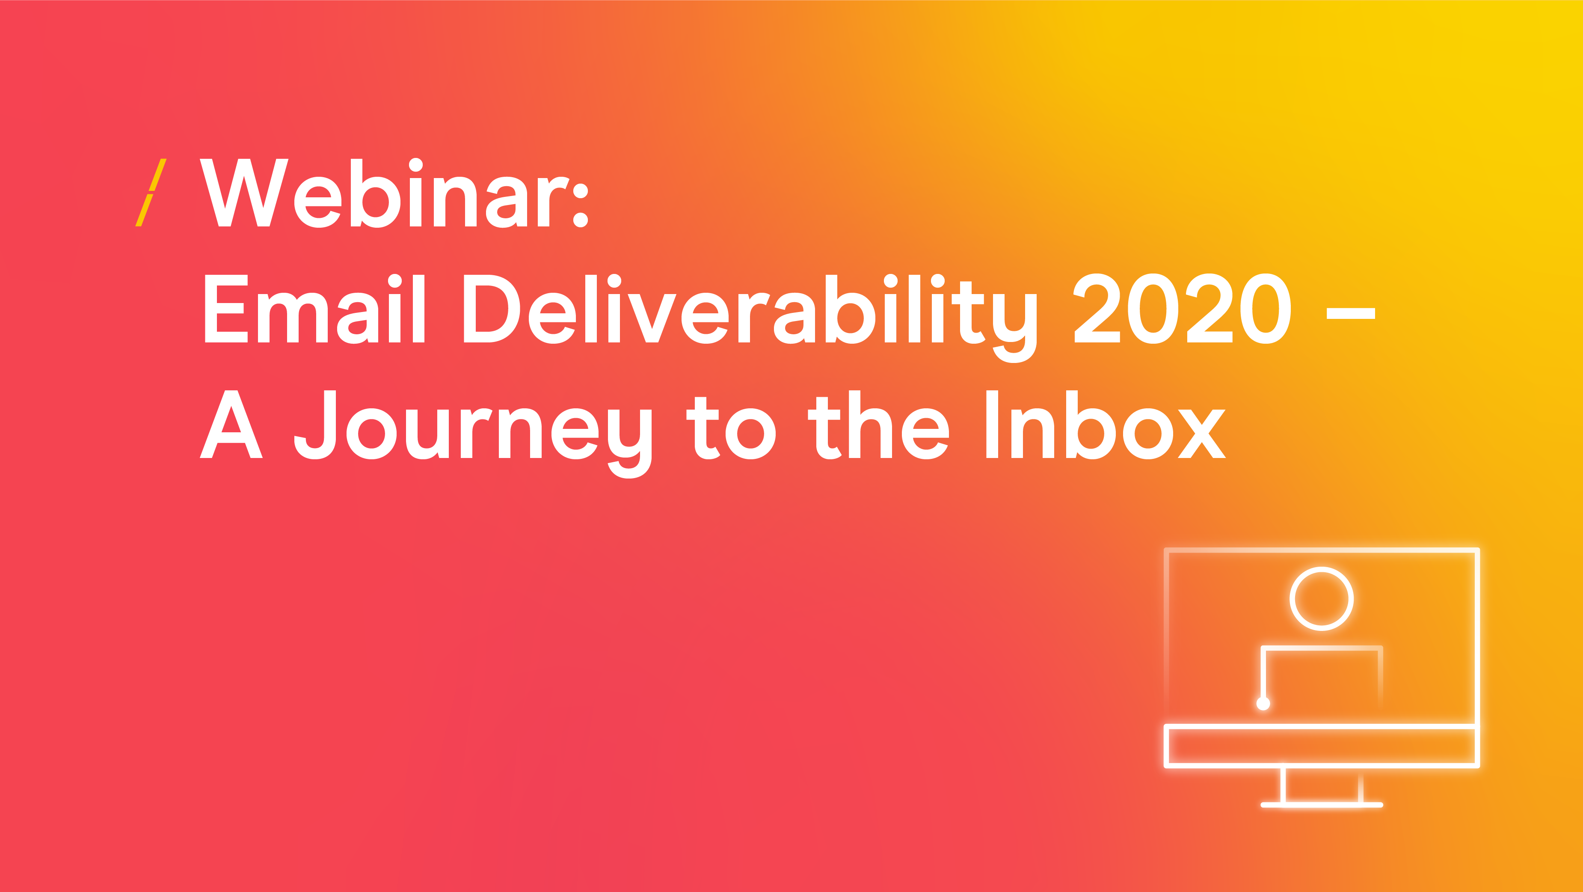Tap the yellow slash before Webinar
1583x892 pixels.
[x=151, y=193]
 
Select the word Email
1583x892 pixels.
[x=314, y=309]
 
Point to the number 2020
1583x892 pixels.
[x=1183, y=309]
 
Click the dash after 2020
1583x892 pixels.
[x=1351, y=314]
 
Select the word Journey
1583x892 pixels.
[x=473, y=434]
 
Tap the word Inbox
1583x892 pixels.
[x=1106, y=424]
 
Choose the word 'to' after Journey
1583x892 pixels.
[x=731, y=428]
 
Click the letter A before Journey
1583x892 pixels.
[x=231, y=424]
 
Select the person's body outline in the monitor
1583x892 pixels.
[x=1321, y=648]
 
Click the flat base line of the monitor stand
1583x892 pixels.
[x=1321, y=805]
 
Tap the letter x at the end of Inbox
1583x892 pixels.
[x=1202, y=434]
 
